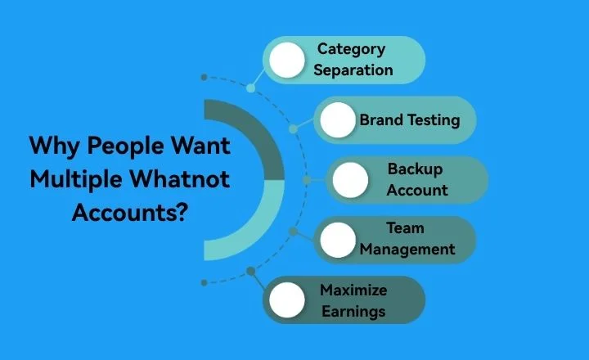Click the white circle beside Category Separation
pyautogui.click(x=287, y=60)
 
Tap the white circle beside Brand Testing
pyautogui.click(x=338, y=120)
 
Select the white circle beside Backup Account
pyautogui.click(x=351, y=180)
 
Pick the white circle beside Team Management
pyautogui.click(x=338, y=240)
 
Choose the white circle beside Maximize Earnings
pyautogui.click(x=287, y=299)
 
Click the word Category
pyautogui.click(x=351, y=49)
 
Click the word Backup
pyautogui.click(x=416, y=169)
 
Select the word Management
pyautogui.click(x=407, y=250)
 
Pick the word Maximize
pyautogui.click(x=353, y=290)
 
